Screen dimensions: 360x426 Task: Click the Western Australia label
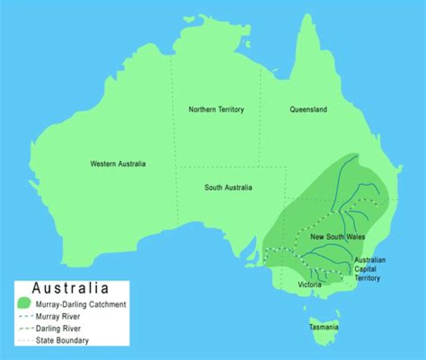(x=118, y=164)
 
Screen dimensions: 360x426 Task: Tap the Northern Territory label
(x=216, y=109)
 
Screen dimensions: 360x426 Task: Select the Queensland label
(x=308, y=109)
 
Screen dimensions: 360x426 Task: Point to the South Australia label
(x=228, y=187)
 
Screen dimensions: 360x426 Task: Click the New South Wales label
(x=338, y=236)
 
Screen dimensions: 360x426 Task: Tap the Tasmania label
(x=324, y=327)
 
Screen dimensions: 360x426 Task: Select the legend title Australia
(x=70, y=288)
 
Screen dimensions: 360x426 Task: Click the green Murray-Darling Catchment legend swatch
(x=24, y=304)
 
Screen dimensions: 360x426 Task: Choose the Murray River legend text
(x=58, y=317)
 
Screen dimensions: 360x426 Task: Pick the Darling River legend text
(x=59, y=328)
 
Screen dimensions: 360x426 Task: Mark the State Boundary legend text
(x=62, y=340)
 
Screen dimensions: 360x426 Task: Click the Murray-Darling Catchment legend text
(x=80, y=304)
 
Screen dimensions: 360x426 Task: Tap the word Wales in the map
(x=356, y=236)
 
